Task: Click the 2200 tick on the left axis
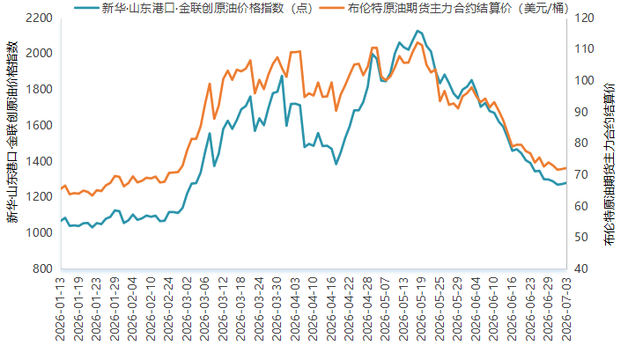tap(39, 18)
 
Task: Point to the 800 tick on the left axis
tap(42, 268)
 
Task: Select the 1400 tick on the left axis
tap(39, 161)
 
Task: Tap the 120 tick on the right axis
tap(584, 18)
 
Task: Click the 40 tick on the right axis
tap(580, 268)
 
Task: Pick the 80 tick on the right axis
tap(580, 143)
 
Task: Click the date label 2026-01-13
tap(61, 309)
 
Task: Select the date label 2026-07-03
tap(566, 309)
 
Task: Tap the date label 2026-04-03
tap(295, 309)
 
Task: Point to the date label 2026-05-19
tap(422, 309)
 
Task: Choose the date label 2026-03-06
tap(205, 309)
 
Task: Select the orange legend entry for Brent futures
tap(446, 8)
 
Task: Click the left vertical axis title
tap(13, 132)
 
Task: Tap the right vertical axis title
tap(610, 165)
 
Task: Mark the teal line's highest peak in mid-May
tap(417, 31)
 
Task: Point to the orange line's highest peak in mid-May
tap(417, 42)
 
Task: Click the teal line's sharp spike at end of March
tap(282, 76)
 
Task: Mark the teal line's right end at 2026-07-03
tap(566, 183)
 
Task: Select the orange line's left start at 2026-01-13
tap(62, 188)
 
